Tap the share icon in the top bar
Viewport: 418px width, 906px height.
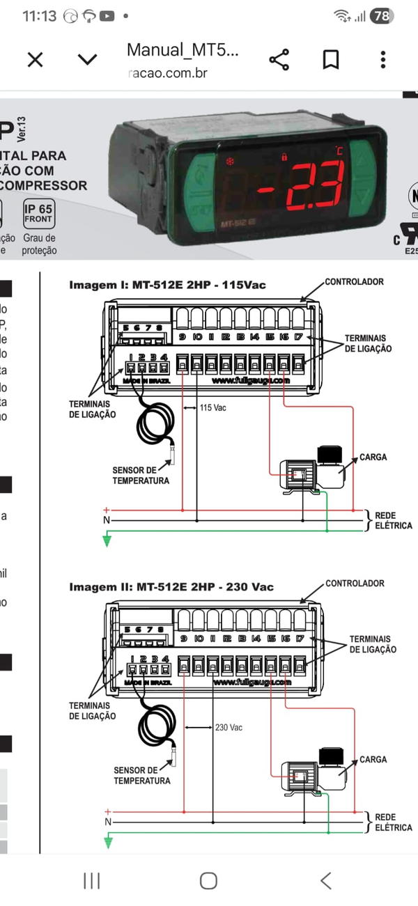tap(279, 60)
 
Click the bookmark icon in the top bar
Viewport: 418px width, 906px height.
tap(331, 60)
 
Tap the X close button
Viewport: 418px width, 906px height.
tap(35, 60)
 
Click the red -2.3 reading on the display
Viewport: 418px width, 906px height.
tap(300, 181)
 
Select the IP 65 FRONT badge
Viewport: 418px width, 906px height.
tap(38, 213)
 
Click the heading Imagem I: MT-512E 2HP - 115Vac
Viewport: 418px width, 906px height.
tap(167, 285)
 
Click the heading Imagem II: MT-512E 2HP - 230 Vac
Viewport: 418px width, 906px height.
tap(171, 587)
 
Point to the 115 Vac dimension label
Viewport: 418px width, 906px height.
tap(213, 407)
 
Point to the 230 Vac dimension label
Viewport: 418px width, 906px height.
tap(229, 727)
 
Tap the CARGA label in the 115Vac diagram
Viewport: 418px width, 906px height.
tap(373, 458)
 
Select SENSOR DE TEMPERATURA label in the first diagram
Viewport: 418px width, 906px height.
tap(141, 476)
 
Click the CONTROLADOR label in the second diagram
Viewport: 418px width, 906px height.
tap(355, 584)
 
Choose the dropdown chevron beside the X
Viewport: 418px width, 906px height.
tap(87, 60)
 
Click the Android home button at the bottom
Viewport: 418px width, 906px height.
tap(208, 880)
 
